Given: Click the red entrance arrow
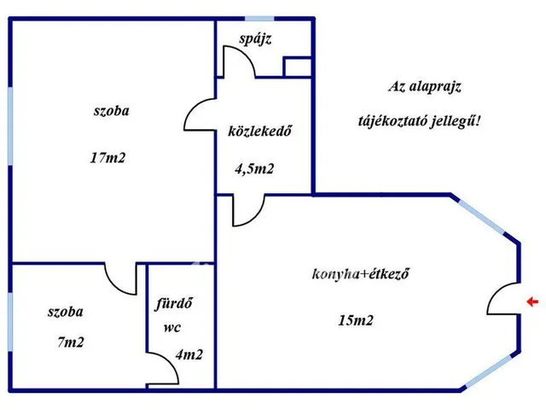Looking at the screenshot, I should (x=532, y=302).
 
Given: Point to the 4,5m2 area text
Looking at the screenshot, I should (x=254, y=168).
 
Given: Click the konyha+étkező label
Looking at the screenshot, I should (x=362, y=274).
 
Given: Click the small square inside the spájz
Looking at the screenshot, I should (x=297, y=67).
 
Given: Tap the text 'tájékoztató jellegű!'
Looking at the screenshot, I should (x=419, y=120).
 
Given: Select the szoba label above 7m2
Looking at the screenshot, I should (x=66, y=312).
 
